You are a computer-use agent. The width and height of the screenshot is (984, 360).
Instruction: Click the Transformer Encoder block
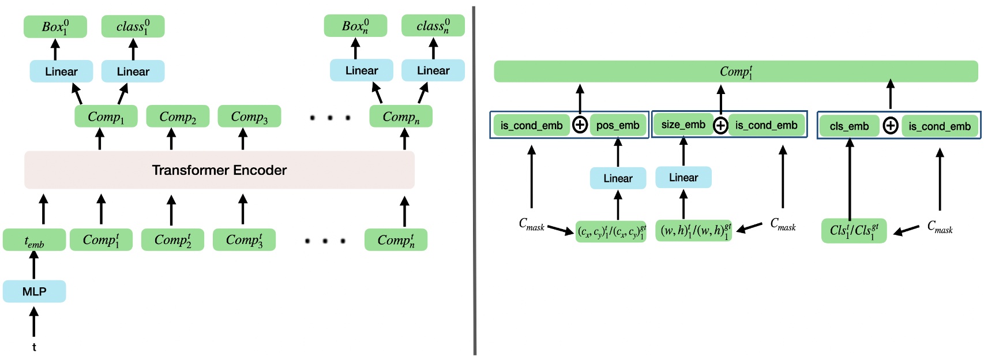[x=219, y=170]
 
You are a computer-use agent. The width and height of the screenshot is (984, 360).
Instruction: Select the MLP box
[x=34, y=291]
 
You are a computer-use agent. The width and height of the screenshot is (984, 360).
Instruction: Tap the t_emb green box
[x=34, y=240]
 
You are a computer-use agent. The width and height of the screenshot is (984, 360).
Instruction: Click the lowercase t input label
[x=34, y=347]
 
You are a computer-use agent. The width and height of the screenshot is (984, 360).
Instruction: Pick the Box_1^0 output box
[x=55, y=27]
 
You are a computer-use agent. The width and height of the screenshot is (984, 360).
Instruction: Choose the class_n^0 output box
[x=433, y=26]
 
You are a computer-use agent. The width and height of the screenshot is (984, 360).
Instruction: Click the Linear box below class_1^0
[x=133, y=72]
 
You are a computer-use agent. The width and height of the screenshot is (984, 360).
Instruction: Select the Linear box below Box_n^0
[x=362, y=70]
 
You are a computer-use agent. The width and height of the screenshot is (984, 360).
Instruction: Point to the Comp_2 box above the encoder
[x=178, y=117]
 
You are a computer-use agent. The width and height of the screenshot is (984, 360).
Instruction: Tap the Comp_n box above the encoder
[x=401, y=117]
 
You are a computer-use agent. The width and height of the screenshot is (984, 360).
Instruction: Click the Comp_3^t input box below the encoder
[x=244, y=240]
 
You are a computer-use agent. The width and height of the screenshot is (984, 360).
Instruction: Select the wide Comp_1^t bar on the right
[x=735, y=72]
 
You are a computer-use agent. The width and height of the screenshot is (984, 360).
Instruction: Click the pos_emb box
[x=618, y=125]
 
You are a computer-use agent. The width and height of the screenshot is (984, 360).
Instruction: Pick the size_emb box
[x=683, y=125]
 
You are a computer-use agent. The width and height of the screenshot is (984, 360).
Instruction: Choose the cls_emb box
[x=849, y=126]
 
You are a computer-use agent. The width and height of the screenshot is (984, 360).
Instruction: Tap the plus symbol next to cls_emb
[x=891, y=126]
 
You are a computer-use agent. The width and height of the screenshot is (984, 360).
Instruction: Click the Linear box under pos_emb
[x=618, y=178]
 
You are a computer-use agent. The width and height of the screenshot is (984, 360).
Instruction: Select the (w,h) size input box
[x=694, y=231]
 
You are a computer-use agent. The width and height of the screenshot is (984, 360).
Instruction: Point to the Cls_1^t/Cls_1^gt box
[x=854, y=231]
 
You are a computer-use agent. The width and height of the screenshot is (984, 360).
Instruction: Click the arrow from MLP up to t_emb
[x=34, y=266]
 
